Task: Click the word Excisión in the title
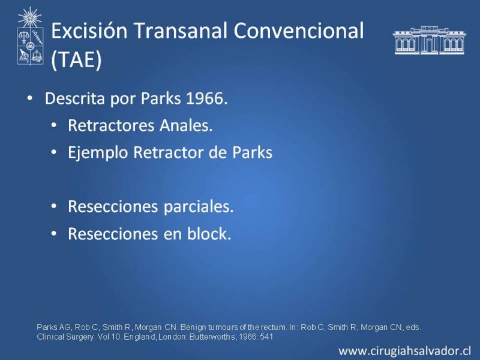click(89, 31)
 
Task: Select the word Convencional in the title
click(299, 31)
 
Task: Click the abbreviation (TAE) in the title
click(76, 59)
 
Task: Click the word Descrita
click(75, 98)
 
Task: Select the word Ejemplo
click(98, 153)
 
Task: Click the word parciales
click(199, 206)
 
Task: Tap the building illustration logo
click(429, 40)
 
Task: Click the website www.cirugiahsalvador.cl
click(404, 351)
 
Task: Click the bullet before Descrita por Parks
click(29, 98)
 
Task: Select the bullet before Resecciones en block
click(54, 234)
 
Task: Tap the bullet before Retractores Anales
click(54, 125)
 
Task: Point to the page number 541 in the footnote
click(266, 337)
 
